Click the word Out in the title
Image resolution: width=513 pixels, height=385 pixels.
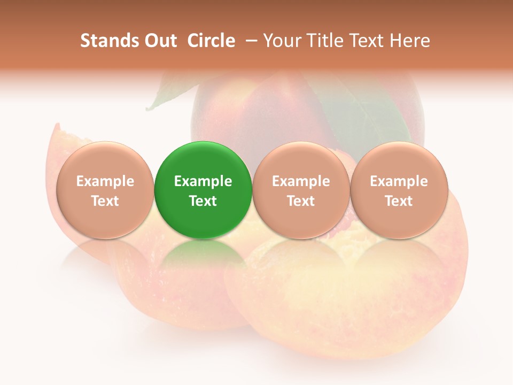point(159,41)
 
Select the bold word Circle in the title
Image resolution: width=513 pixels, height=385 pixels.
point(211,41)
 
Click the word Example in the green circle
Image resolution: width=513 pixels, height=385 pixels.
point(203,181)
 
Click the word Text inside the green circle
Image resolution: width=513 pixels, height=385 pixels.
point(203,201)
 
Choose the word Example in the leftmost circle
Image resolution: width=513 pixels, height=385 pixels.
point(105,181)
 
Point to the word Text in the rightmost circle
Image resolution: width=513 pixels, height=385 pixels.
point(399,201)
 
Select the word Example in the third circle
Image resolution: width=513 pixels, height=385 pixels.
point(301,181)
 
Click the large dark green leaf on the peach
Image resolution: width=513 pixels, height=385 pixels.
point(369,115)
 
